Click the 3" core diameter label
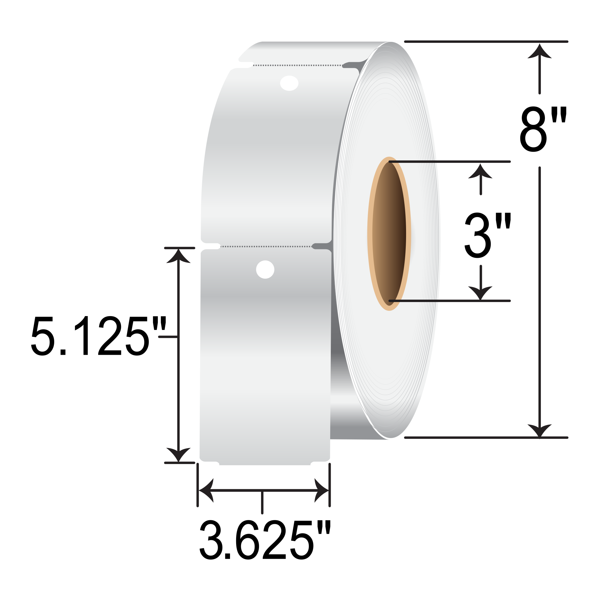coord(487,235)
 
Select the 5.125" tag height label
coord(99,336)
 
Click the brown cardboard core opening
coord(389,233)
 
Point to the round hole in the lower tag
coord(265,269)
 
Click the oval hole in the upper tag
coord(289,83)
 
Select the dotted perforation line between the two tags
coord(266,247)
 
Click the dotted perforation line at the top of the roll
coord(298,65)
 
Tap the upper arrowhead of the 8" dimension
coord(540,51)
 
